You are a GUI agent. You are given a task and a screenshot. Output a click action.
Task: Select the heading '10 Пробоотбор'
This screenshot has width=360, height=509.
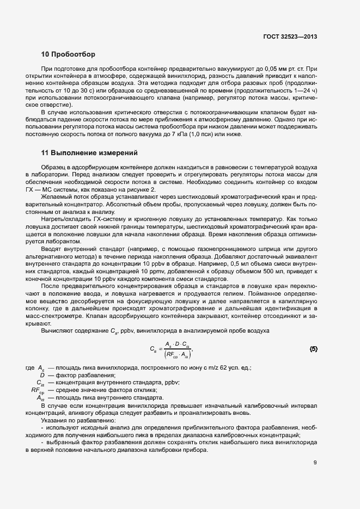(68, 55)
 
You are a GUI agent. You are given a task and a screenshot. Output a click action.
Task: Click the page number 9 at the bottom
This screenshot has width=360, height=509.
(315, 463)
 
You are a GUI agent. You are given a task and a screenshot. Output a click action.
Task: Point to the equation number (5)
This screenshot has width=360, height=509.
(313, 348)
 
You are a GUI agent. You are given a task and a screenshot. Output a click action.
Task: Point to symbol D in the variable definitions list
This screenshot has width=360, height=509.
(42, 375)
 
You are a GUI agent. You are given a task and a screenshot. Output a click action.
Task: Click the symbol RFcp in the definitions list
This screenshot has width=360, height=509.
(38, 390)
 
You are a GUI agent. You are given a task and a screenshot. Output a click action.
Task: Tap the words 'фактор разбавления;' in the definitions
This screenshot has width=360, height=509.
(84, 375)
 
